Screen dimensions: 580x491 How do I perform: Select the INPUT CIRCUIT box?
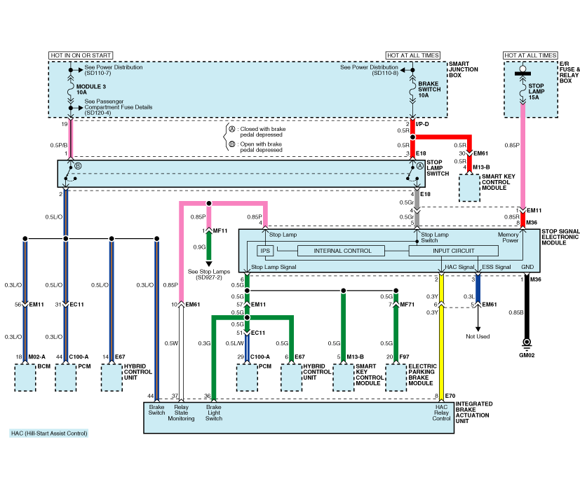coord(454,251)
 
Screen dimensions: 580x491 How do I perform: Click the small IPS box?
coord(265,251)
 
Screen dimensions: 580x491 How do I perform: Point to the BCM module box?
coord(25,378)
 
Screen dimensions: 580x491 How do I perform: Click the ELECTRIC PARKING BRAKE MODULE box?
coord(396,378)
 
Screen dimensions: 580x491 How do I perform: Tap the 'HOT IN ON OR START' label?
coord(81,55)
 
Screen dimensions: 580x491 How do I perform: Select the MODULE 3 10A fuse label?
coord(91,90)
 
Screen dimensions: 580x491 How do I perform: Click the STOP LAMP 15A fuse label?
coord(536,91)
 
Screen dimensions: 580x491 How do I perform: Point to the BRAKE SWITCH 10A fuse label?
coord(429,90)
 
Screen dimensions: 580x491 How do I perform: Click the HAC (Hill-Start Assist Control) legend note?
coord(49,434)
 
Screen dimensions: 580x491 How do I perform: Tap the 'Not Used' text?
coord(478,337)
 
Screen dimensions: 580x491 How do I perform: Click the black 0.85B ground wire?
coord(527,306)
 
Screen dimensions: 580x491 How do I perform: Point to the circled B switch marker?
coord(78,166)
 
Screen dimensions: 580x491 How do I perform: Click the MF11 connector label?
coord(220,231)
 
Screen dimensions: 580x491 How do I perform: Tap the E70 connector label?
coord(450,396)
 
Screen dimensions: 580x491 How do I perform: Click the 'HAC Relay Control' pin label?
coord(441,413)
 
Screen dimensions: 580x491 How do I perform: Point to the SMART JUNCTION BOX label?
coord(463,69)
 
